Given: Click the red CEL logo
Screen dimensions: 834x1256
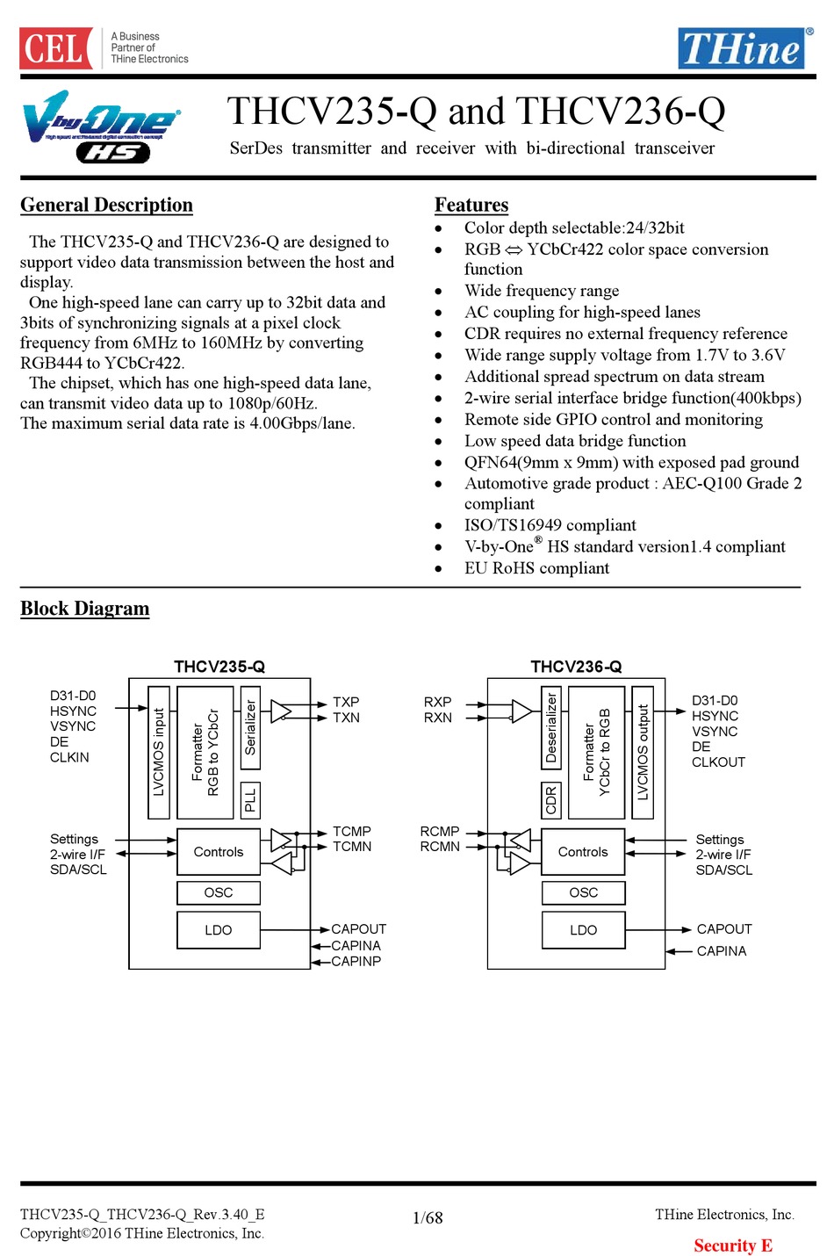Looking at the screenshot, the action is [56, 47].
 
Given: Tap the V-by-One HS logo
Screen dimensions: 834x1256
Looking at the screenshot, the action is [101, 126].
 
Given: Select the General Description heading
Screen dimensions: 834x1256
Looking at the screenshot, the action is [106, 205].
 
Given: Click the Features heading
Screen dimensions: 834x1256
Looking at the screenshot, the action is [471, 205].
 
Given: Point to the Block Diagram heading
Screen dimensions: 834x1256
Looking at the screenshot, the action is [84, 609].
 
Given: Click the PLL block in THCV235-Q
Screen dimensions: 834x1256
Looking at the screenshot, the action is [250, 800].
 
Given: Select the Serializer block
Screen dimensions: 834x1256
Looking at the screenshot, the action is [250, 727].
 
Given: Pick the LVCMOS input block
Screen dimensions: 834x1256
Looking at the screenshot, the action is [159, 753].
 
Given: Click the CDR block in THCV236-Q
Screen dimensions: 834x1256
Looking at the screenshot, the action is [551, 800].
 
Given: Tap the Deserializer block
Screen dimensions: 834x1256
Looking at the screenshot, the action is [551, 727].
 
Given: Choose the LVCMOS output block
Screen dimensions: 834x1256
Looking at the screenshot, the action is [643, 753].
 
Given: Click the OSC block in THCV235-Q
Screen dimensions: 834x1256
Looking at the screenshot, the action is [219, 892].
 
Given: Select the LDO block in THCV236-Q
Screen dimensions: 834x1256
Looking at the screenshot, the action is [584, 929].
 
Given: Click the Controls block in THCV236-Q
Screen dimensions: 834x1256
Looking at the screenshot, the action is [583, 852].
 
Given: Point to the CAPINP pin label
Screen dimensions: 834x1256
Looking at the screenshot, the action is [356, 961].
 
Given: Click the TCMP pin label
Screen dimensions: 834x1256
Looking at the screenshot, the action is [352, 831].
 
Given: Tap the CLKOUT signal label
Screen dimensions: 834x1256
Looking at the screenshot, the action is [718, 762].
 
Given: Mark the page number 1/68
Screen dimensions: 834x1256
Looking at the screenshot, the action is [428, 1218].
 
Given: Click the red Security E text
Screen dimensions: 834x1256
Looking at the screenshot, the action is [733, 1245].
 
